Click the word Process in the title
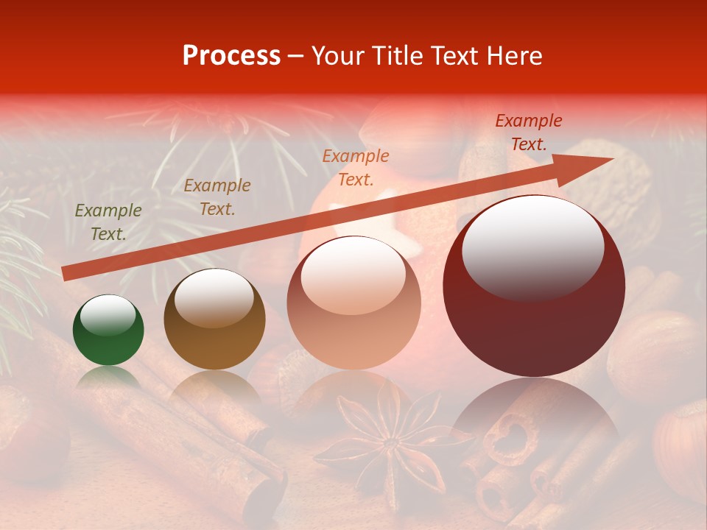pyautogui.click(x=231, y=56)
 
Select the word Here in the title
pyautogui.click(x=515, y=56)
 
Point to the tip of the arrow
pyautogui.click(x=611, y=159)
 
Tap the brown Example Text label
pyautogui.click(x=217, y=197)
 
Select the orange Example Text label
pyautogui.click(x=355, y=167)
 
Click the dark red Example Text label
pyautogui.click(x=528, y=132)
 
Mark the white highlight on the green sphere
pyautogui.click(x=108, y=314)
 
